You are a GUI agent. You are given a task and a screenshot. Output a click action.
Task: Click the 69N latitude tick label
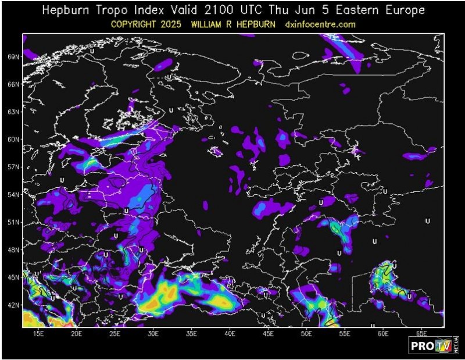pyautogui.click(x=13, y=56)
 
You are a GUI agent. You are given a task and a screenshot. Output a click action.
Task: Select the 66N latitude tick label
pyautogui.click(x=13, y=84)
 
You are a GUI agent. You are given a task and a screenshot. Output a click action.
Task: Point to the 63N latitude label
pyautogui.click(x=13, y=112)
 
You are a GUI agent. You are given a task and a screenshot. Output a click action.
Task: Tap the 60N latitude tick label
pyautogui.click(x=13, y=140)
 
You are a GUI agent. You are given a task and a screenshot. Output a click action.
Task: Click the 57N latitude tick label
pyautogui.click(x=13, y=167)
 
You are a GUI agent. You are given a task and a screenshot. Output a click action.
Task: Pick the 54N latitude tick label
pyautogui.click(x=13, y=194)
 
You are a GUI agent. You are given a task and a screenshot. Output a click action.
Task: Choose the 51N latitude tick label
pyautogui.click(x=13, y=222)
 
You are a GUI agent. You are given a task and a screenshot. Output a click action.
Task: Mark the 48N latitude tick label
pyautogui.click(x=13, y=249)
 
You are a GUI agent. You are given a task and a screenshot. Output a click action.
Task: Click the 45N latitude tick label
pyautogui.click(x=13, y=277)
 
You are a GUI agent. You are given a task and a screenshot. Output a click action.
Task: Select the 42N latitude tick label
pyautogui.click(x=13, y=305)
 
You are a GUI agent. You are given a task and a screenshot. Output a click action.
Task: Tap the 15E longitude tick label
pyautogui.click(x=38, y=333)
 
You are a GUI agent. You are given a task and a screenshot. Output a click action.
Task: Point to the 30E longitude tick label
pyautogui.click(x=153, y=333)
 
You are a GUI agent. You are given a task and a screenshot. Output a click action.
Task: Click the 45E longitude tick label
pyautogui.click(x=269, y=333)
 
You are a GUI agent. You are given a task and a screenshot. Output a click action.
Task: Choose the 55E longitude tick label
pyautogui.click(x=345, y=333)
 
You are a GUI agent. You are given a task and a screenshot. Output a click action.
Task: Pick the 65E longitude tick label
pyautogui.click(x=422, y=333)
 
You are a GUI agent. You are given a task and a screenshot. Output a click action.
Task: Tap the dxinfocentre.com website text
pyautogui.click(x=320, y=24)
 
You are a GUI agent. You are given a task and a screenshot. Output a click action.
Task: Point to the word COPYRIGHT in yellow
pyautogui.click(x=140, y=24)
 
